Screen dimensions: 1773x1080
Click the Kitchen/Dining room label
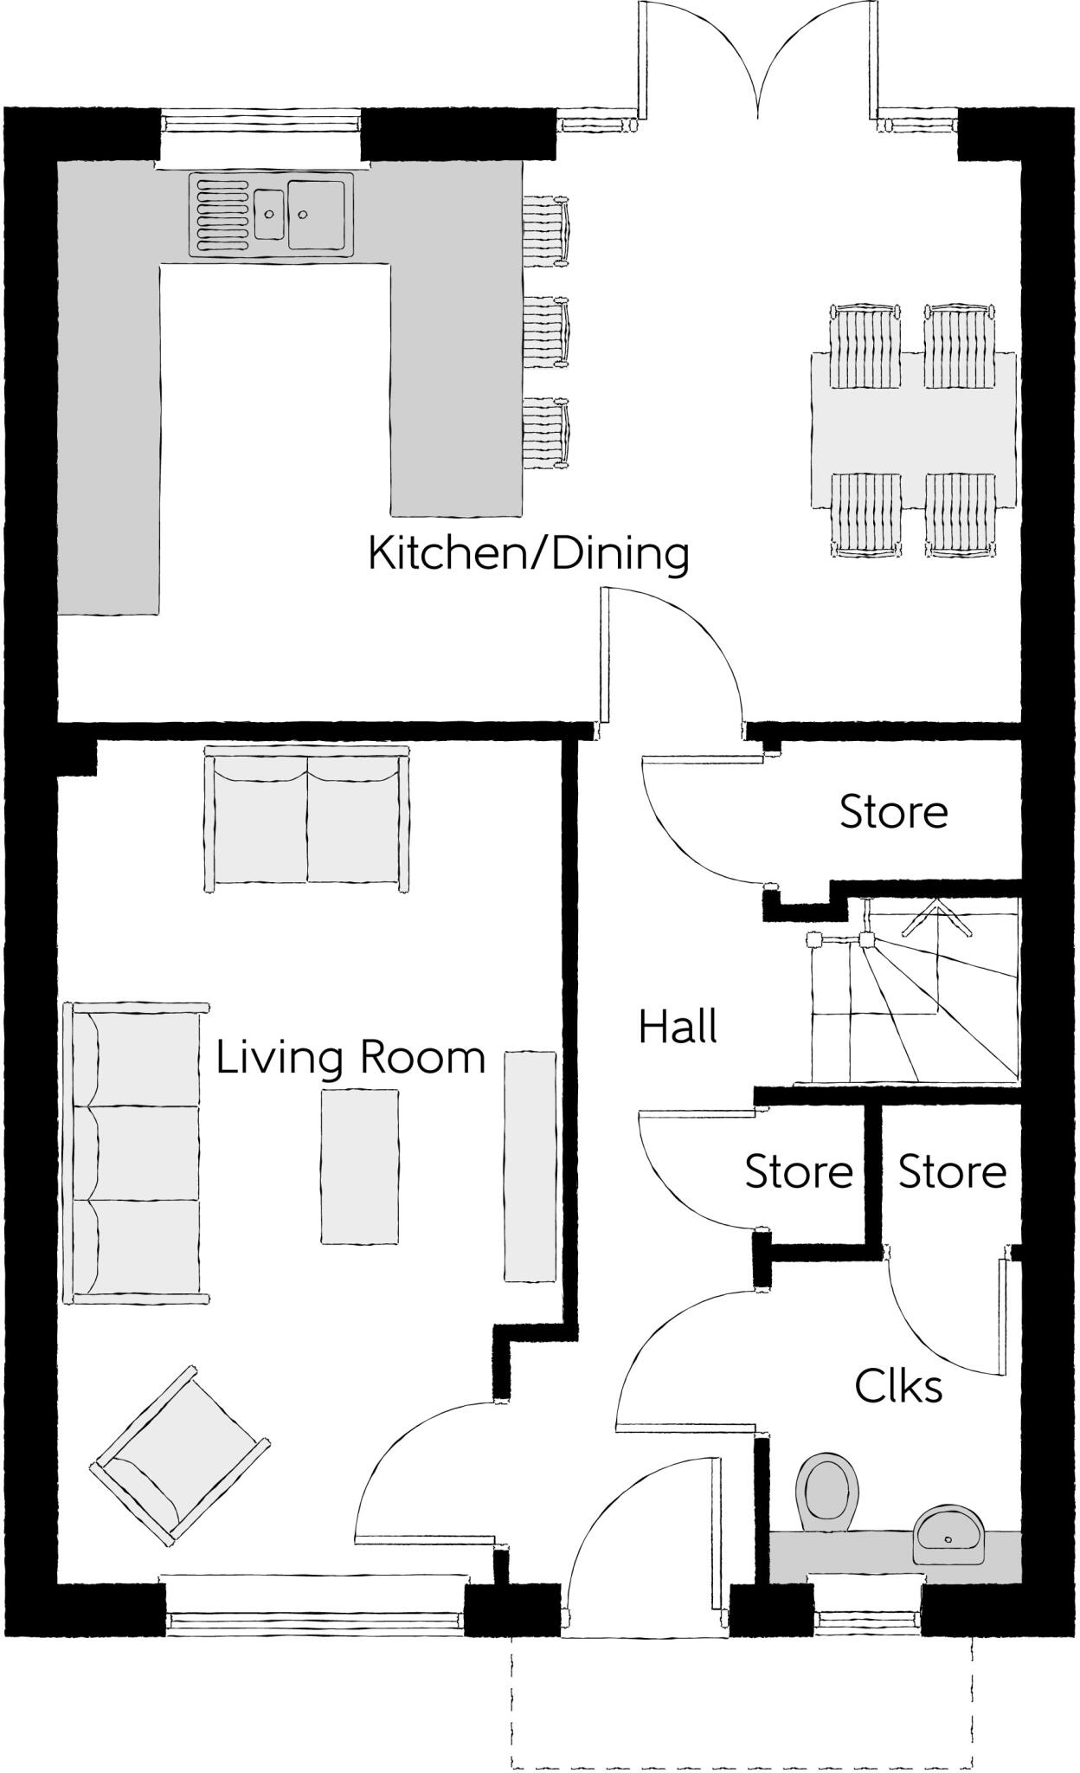pos(528,554)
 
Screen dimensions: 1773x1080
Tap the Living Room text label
pos(350,1057)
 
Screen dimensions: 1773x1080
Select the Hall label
pos(678,1028)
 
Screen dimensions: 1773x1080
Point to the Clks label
pos(898,1386)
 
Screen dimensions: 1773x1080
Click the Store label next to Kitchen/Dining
pos(893,812)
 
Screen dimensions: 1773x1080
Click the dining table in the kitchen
pos(913,429)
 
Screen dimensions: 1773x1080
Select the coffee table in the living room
pos(360,1166)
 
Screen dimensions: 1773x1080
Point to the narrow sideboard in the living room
pos(530,1165)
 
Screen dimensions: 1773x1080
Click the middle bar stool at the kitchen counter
pos(546,331)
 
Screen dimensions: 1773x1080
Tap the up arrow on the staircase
pos(935,916)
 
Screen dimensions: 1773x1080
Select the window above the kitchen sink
pos(261,120)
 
